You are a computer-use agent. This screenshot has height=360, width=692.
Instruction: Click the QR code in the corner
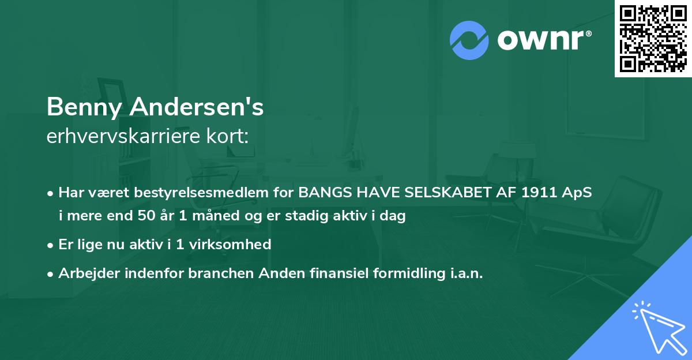(x=653, y=38)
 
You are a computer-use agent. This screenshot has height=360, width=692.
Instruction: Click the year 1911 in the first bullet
(x=538, y=193)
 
